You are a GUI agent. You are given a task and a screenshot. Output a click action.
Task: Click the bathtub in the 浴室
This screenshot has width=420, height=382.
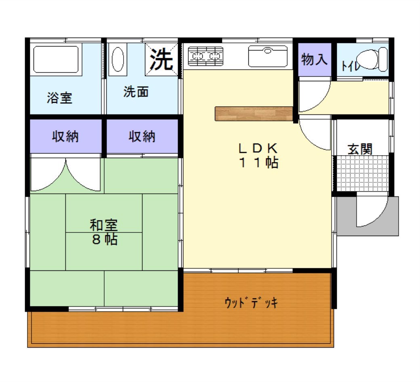click(x=56, y=59)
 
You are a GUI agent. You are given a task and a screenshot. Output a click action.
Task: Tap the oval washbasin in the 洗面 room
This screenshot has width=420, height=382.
click(x=118, y=59)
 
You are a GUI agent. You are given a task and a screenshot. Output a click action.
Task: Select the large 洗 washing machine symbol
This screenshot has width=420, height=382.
click(x=161, y=59)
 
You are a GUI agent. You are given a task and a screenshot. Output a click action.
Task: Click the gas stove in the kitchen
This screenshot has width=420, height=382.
click(x=206, y=56)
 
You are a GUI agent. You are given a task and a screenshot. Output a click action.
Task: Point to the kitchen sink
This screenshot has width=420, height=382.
click(x=268, y=56)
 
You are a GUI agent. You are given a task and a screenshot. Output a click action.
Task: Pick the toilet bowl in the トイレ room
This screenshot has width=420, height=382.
click(x=372, y=59)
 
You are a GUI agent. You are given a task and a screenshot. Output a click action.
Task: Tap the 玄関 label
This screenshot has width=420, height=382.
click(x=360, y=149)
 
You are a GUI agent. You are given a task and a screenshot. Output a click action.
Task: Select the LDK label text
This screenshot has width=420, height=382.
click(x=258, y=148)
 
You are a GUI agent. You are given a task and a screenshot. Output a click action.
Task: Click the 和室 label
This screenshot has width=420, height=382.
click(x=104, y=225)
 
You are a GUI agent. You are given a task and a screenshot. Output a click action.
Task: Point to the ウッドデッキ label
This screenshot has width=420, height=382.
click(x=251, y=303)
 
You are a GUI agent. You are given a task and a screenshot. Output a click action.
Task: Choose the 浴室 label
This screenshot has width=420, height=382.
click(x=59, y=98)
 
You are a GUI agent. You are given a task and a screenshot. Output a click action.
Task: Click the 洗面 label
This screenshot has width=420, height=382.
click(x=136, y=92)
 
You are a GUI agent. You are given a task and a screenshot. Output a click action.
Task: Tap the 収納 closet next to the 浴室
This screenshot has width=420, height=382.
click(x=65, y=136)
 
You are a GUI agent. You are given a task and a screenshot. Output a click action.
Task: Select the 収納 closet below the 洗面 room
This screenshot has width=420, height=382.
click(x=142, y=136)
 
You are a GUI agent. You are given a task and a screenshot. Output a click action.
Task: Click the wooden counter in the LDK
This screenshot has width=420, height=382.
click(x=254, y=114)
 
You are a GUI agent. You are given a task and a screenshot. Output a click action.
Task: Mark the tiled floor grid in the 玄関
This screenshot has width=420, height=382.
click(x=362, y=173)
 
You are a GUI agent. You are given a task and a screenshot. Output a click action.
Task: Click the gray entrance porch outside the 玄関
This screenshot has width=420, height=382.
click(x=367, y=216)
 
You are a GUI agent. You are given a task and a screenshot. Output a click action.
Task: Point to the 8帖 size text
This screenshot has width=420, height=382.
click(x=105, y=239)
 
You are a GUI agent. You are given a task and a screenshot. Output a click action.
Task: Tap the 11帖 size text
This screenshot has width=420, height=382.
click(x=258, y=163)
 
